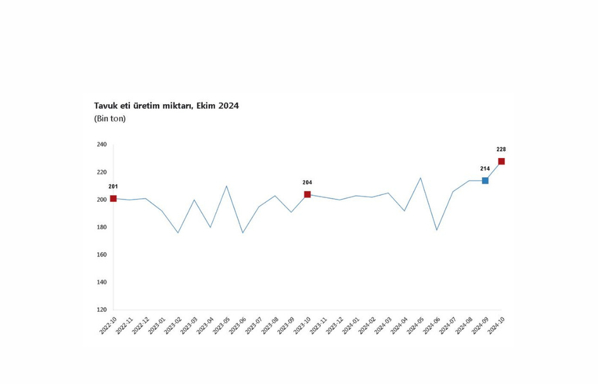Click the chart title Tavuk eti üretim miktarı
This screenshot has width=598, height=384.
point(166,106)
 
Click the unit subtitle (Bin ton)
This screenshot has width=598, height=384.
point(110,119)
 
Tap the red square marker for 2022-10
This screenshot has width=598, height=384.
point(114,199)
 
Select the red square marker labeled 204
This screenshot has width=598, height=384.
point(308,194)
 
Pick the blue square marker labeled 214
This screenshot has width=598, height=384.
point(485,181)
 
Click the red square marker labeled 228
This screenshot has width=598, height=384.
point(502,161)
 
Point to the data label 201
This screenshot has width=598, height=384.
point(114,187)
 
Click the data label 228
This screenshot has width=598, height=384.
point(502,149)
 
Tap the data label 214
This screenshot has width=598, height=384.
point(485,169)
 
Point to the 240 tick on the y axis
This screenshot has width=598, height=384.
point(101,145)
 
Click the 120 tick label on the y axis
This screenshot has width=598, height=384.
point(101,310)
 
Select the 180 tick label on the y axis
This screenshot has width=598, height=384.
point(101,227)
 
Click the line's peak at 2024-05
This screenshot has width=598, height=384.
point(420,178)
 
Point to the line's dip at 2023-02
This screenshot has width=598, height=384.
point(178,232)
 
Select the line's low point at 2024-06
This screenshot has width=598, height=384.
point(437,230)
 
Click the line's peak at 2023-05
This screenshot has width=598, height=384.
point(226,186)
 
